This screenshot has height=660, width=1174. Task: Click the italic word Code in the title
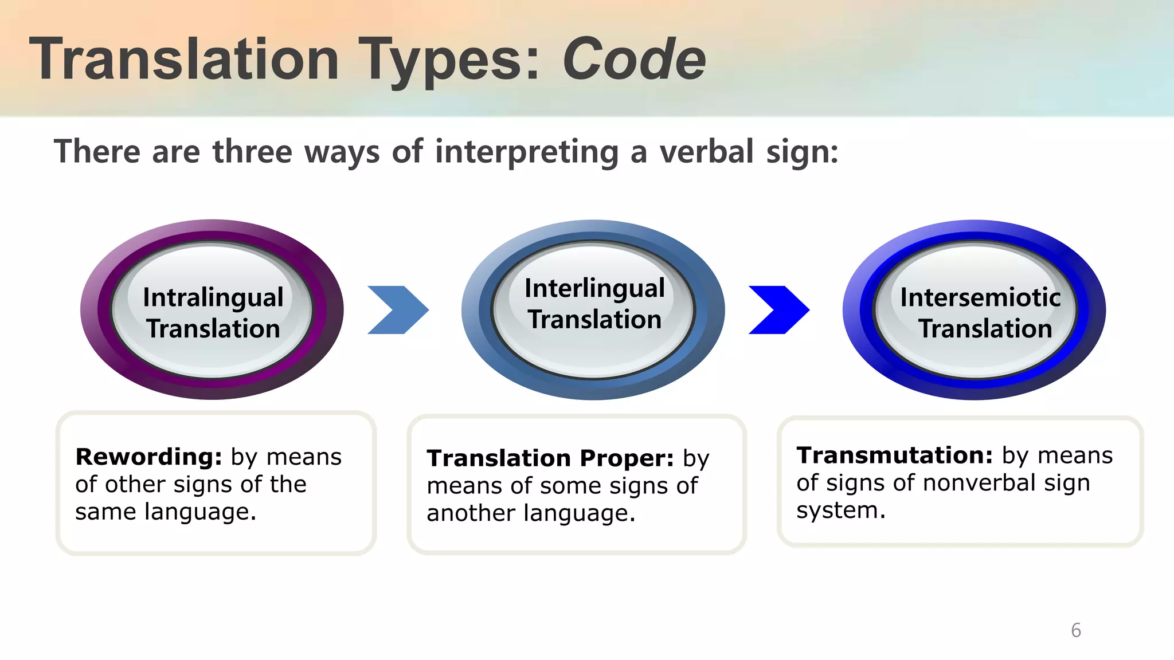click(x=634, y=59)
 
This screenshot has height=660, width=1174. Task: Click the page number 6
click(x=1076, y=630)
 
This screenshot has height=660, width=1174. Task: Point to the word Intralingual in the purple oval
click(x=213, y=298)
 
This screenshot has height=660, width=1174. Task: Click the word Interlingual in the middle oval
click(x=594, y=289)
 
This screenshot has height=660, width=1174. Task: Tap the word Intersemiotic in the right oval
click(x=980, y=297)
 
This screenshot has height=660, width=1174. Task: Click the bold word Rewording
click(x=148, y=457)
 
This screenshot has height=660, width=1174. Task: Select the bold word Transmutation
click(x=894, y=455)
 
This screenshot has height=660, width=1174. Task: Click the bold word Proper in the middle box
click(x=627, y=459)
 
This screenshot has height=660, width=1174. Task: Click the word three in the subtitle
click(x=252, y=152)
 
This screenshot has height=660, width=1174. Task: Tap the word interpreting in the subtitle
click(x=527, y=153)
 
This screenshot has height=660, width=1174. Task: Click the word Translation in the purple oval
click(x=213, y=329)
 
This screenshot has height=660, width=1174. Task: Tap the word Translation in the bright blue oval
click(x=985, y=329)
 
